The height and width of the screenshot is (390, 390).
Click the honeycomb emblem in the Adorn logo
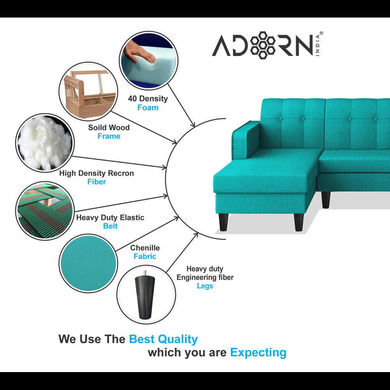pos(262,45)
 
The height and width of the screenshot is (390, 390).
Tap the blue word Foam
pos(148,108)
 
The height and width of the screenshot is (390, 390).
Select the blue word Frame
pos(109,136)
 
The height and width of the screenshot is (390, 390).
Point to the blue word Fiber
pos(96,182)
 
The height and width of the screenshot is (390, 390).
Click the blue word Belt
pos(110,226)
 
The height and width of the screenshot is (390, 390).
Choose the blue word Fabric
pos(145,256)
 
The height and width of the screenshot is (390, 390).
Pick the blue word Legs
pos(205,286)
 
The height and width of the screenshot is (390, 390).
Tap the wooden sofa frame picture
pos(89,91)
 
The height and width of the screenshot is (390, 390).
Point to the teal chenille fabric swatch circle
pos(89,263)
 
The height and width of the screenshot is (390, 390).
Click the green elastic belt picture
pos(45,211)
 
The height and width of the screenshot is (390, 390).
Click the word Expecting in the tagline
pos(258,353)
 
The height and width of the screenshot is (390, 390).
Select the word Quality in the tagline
pos(177,339)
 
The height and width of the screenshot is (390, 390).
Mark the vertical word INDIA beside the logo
pos(317,45)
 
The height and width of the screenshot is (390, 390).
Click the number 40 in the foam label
pos(132,99)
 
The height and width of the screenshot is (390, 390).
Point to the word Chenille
pos(145,248)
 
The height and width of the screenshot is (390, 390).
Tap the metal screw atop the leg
pos(145,273)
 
